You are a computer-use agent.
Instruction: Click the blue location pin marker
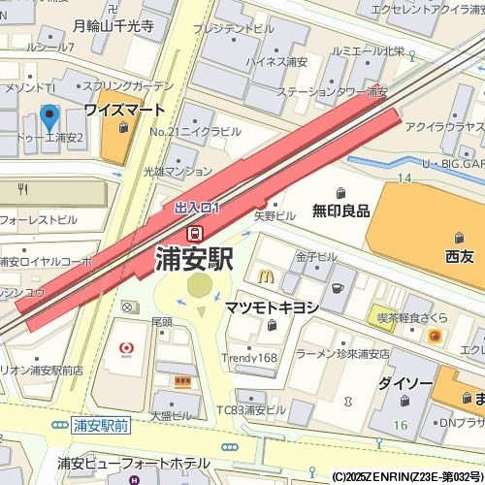pos(49,120)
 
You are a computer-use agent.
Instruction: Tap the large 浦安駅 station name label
pos(194,259)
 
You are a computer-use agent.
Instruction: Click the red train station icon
pos(195,233)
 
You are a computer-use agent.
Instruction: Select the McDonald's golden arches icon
pos(266,275)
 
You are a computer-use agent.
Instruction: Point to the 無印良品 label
pos(340,210)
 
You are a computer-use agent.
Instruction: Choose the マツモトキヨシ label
pos(272,307)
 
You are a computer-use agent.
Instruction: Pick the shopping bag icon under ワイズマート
pos(122,127)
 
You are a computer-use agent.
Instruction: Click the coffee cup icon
pos(337,288)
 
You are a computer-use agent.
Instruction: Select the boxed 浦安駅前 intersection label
pos(101,425)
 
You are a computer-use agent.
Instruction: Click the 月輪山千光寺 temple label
pos(113,26)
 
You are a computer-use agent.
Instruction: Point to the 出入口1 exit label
pos(198,208)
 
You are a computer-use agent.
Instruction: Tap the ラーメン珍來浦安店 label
pos(343,354)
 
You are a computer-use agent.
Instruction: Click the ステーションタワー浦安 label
pos(331,92)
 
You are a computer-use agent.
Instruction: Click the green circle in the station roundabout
pos(199,285)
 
